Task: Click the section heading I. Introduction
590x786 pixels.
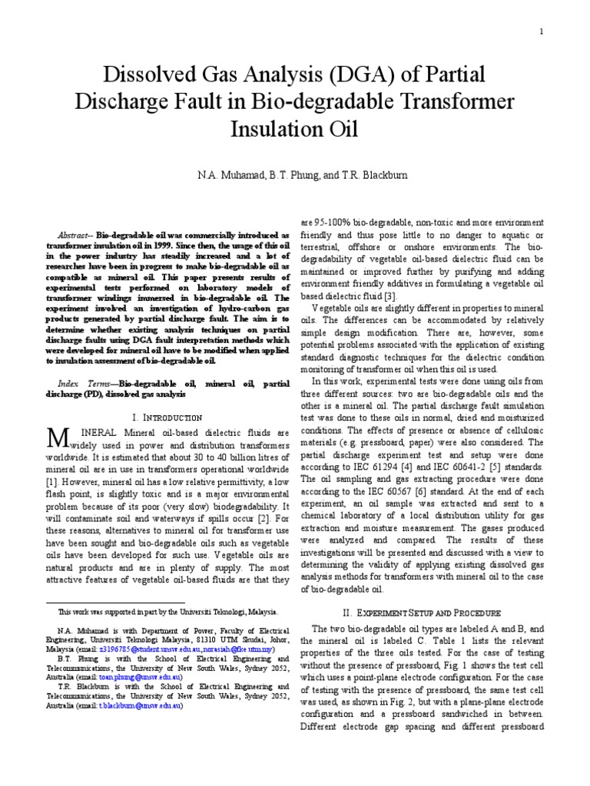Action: point(167,417)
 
